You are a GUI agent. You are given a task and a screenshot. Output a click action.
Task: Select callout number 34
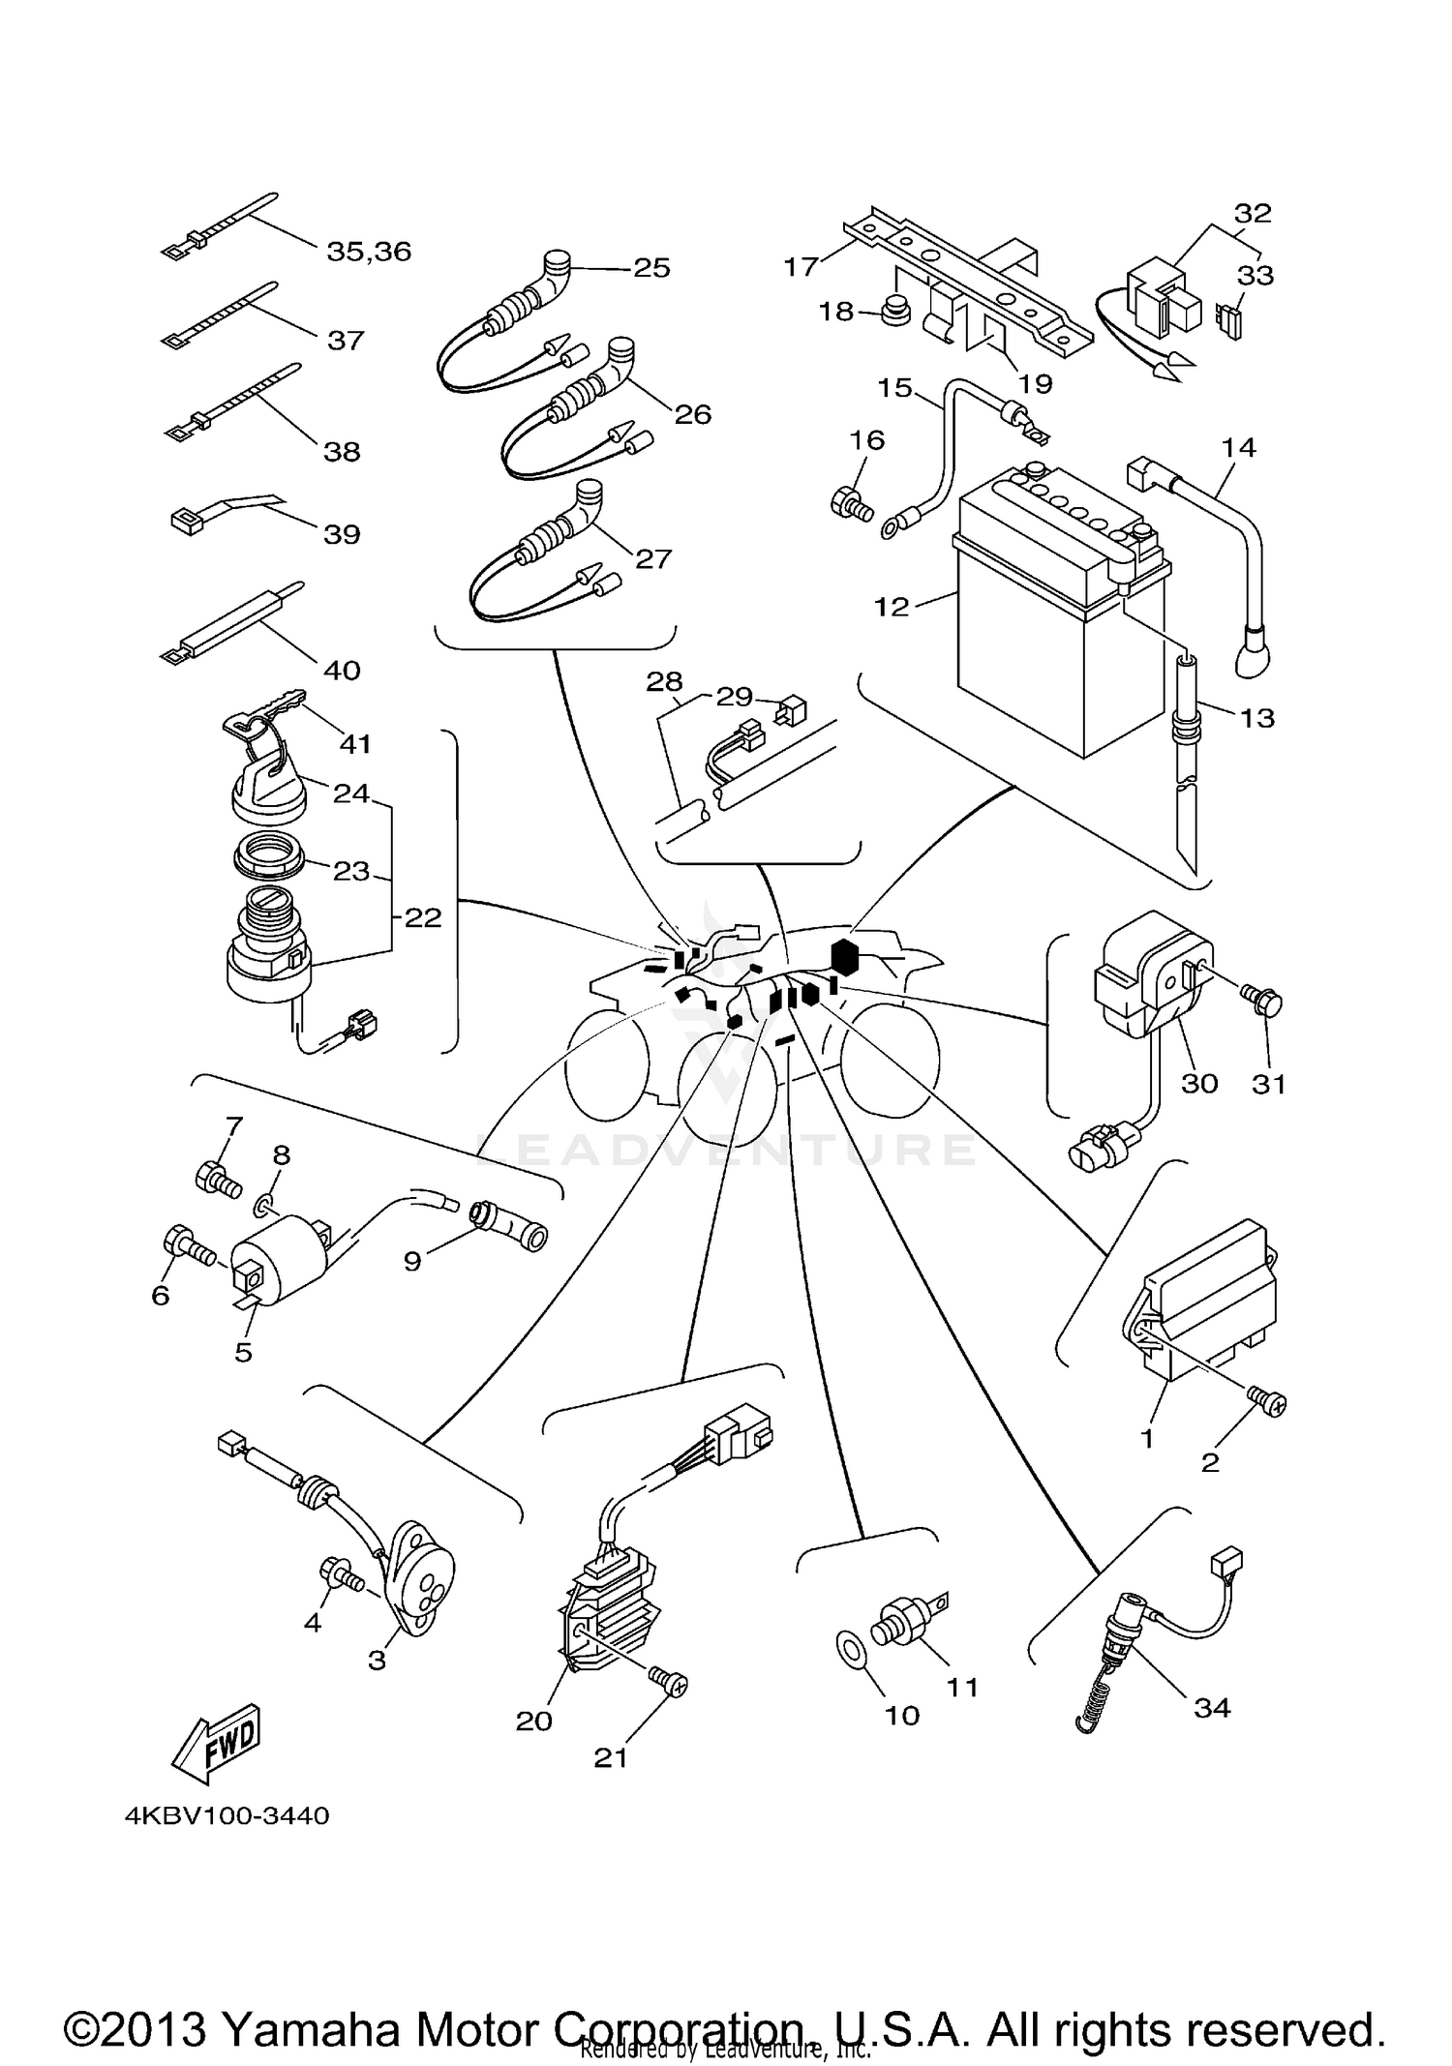click(x=1212, y=1707)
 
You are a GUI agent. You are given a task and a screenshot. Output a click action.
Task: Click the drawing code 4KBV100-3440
click(x=227, y=1815)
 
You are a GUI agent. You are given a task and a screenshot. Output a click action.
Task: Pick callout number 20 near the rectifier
click(x=533, y=1721)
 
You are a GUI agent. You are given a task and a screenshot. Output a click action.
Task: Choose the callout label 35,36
click(x=369, y=252)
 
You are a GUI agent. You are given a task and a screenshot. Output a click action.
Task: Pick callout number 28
click(x=664, y=682)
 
